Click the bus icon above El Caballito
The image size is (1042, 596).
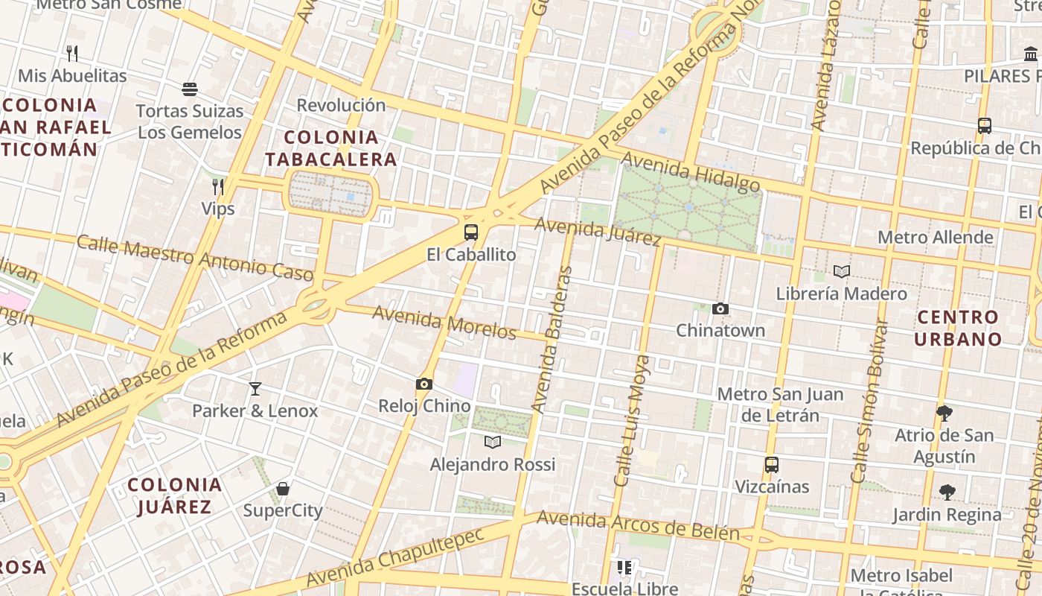pos(470,232)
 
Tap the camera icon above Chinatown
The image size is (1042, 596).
pos(720,308)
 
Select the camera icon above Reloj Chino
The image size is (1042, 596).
pos(424,384)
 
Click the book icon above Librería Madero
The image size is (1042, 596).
pos(841,272)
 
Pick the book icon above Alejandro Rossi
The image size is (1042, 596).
pos(492,442)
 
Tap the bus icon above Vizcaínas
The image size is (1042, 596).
pos(772,464)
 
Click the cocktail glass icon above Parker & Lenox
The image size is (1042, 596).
pos(255,388)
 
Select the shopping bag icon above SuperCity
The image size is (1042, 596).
pos(283,489)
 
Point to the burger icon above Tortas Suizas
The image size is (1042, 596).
pos(190,89)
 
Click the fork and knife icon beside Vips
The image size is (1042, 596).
pos(218,186)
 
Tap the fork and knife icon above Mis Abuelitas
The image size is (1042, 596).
pos(72,54)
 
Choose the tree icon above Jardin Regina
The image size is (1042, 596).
pos(947,492)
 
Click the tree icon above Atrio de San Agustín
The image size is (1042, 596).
pos(944,412)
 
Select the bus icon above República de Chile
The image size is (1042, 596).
pos(985,126)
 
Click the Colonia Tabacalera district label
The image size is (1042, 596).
pos(331,148)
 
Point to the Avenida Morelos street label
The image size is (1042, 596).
pos(444,322)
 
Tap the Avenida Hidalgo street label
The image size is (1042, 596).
pos(690,171)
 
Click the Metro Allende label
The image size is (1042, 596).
pos(936,238)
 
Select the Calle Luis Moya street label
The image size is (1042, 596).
pos(632,421)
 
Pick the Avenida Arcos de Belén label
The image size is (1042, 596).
pos(638,524)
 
